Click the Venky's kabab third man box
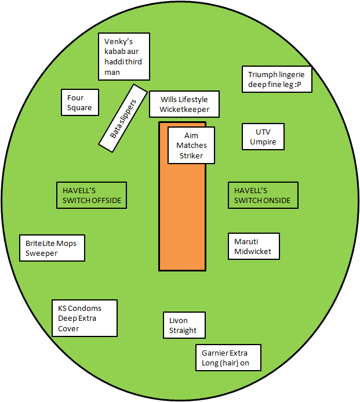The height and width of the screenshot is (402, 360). pyautogui.click(x=124, y=56)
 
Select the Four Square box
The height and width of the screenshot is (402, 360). pyautogui.click(x=80, y=103)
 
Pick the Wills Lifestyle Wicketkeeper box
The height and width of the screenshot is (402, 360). pyautogui.click(x=184, y=105)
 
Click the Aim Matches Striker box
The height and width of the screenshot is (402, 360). pyautogui.click(x=191, y=146)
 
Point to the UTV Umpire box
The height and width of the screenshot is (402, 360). pyautogui.click(x=263, y=137)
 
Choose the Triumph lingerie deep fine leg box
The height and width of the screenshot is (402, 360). pyautogui.click(x=277, y=79)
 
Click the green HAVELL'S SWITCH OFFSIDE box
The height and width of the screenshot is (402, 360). pyautogui.click(x=92, y=195)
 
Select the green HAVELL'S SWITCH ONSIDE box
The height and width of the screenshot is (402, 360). pyautogui.click(x=263, y=195)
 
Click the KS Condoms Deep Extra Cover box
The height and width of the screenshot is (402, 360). pyautogui.click(x=85, y=318)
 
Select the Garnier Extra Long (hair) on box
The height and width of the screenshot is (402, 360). pyautogui.click(x=228, y=358)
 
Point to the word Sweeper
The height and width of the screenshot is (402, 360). pyautogui.click(x=42, y=253)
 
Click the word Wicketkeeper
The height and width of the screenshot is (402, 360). pyautogui.click(x=184, y=110)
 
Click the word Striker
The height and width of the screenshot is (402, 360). pyautogui.click(x=191, y=155)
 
